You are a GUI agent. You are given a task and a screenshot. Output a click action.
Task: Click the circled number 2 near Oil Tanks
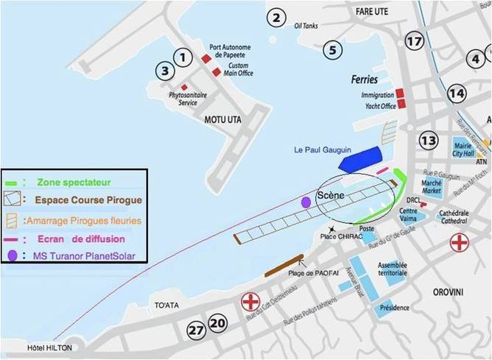point(276,18)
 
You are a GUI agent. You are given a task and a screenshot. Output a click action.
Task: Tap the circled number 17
point(415,41)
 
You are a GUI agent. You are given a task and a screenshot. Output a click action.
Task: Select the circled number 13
point(429,140)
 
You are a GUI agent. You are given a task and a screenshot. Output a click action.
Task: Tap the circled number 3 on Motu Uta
point(166,71)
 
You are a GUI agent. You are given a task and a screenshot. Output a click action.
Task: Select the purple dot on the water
point(306,202)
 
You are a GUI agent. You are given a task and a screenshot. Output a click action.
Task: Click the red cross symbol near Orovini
point(460,243)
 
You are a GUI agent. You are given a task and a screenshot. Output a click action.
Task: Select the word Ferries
point(365,80)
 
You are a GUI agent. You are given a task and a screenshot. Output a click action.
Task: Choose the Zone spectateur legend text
point(77,180)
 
